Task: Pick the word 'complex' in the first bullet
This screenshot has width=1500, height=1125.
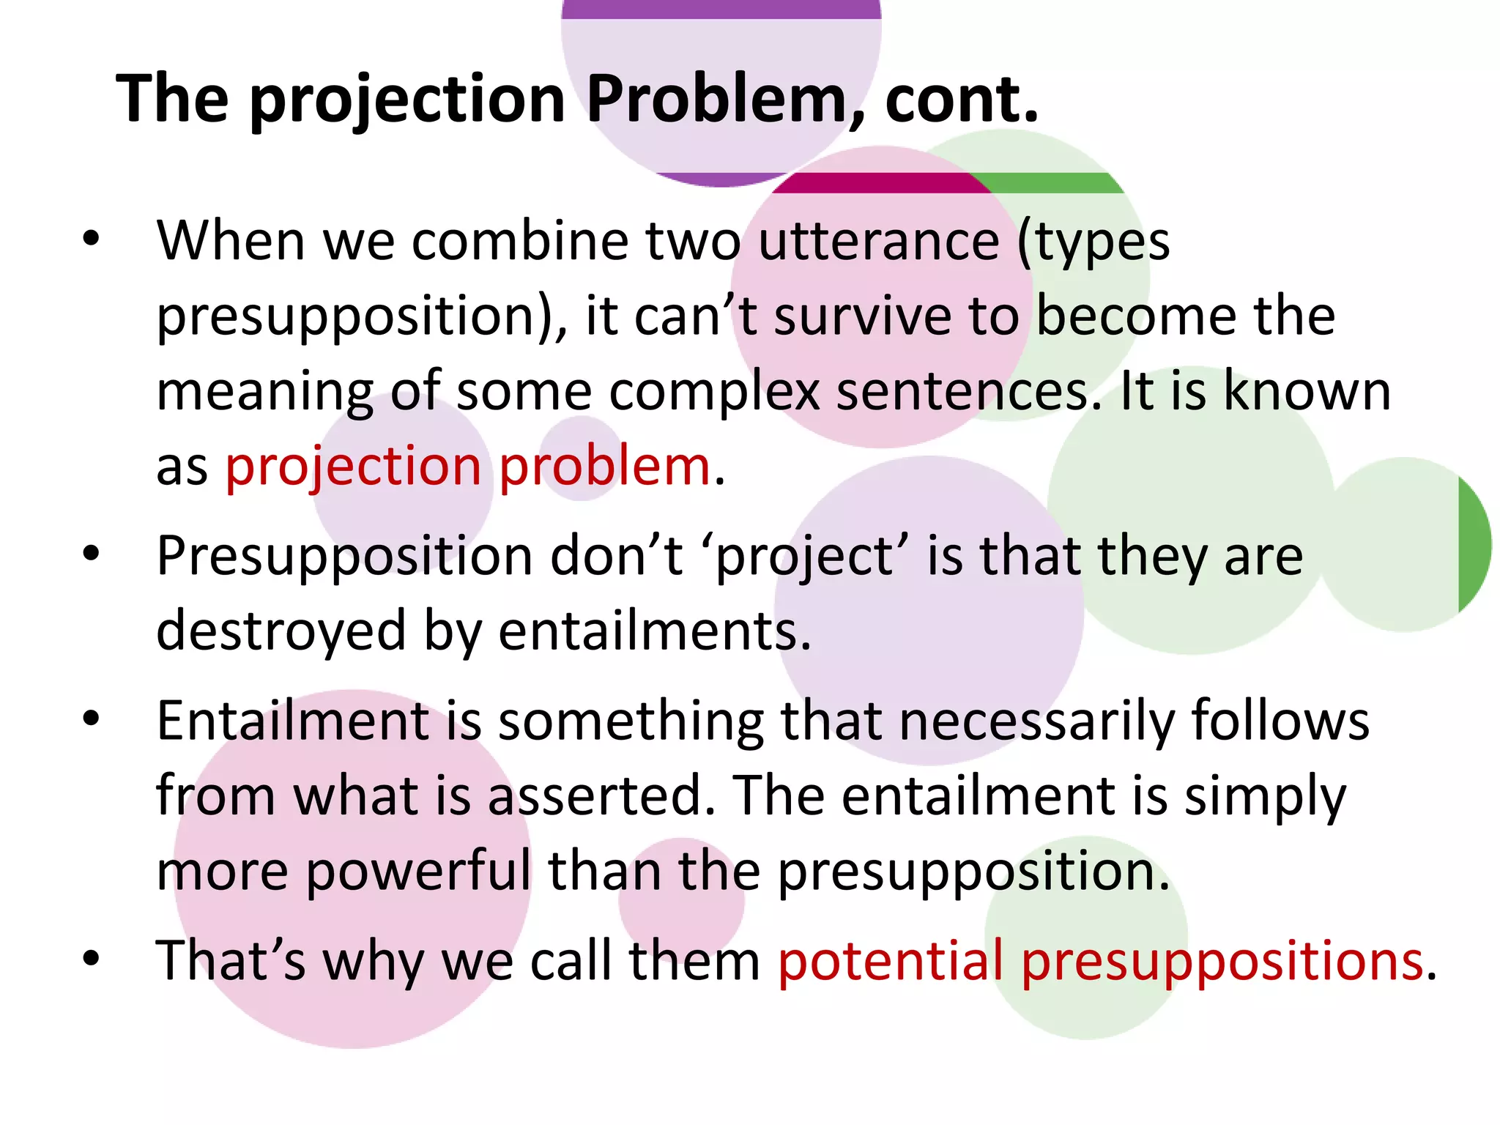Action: [713, 391]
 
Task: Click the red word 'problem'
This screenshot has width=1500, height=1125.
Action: [605, 466]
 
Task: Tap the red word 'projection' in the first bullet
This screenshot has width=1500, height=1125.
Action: [353, 466]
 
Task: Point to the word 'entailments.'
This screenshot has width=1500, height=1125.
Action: [655, 631]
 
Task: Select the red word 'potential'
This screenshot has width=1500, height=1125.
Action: [890, 960]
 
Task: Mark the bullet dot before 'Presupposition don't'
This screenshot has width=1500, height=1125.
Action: [91, 554]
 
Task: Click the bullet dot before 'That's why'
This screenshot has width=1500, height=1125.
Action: [91, 957]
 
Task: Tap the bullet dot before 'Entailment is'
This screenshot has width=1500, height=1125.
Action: [91, 719]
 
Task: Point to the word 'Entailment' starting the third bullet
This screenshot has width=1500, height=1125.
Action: [293, 721]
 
